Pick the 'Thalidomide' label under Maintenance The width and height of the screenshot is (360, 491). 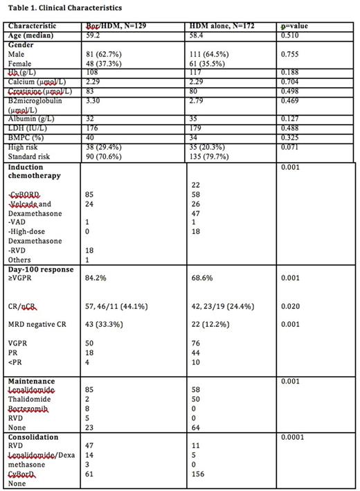[26, 400]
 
